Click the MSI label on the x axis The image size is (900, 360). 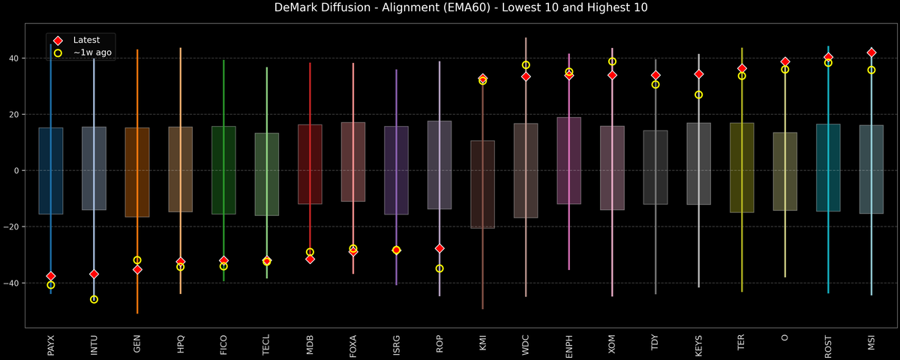click(x=871, y=343)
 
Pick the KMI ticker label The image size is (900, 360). click(x=483, y=343)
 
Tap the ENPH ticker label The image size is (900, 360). click(x=569, y=345)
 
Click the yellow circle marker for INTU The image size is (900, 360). click(x=94, y=299)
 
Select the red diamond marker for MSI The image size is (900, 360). click(x=871, y=52)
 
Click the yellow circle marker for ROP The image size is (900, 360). click(x=439, y=268)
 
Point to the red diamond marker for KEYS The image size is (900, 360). click(x=699, y=74)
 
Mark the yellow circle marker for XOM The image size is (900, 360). click(x=612, y=61)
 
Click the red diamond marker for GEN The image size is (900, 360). click(x=137, y=269)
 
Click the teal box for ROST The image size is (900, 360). click(x=828, y=167)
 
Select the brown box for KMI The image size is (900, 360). click(x=483, y=184)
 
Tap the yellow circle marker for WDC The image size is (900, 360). click(x=526, y=65)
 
